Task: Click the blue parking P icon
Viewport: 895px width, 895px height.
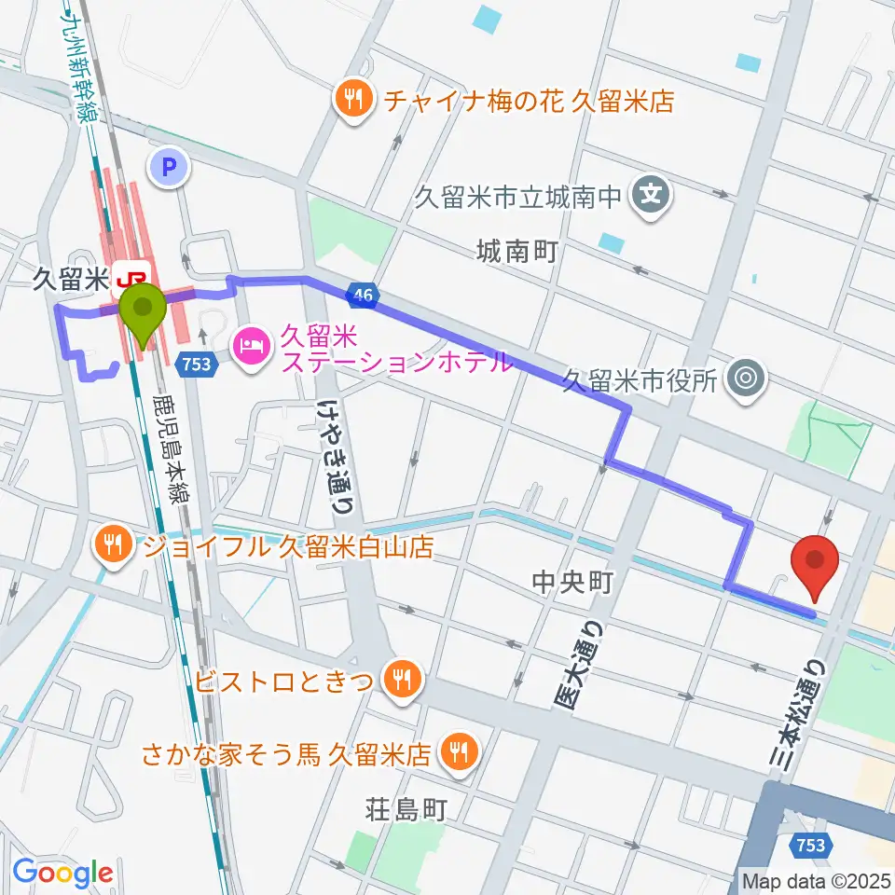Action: (x=169, y=168)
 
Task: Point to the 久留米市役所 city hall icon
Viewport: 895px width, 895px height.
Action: (x=746, y=379)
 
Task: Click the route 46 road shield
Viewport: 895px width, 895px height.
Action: (x=364, y=296)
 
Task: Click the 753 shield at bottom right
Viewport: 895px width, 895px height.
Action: (x=810, y=845)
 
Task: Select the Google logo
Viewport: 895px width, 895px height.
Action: (x=62, y=874)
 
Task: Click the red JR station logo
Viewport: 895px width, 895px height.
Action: (x=131, y=276)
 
